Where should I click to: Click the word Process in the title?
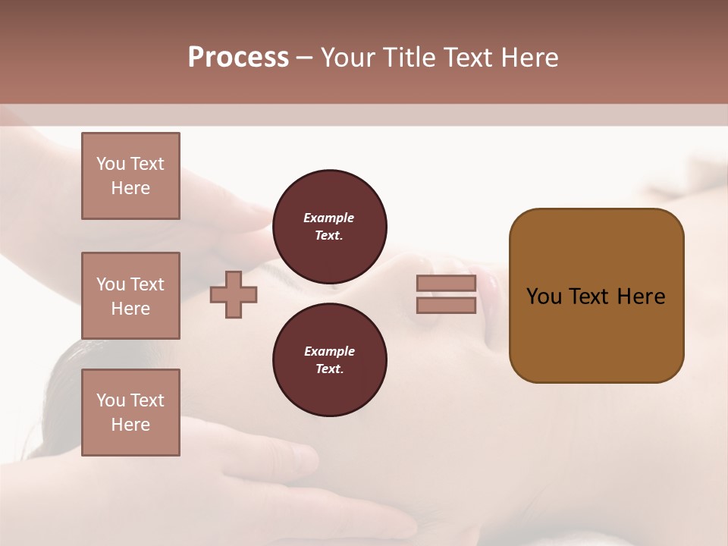238,58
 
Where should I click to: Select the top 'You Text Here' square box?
130,176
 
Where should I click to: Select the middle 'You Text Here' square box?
130,296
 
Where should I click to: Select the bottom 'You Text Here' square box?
130,413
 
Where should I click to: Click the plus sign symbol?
234,296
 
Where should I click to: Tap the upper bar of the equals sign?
446,284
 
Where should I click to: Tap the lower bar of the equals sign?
446,306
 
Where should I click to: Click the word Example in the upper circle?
329,218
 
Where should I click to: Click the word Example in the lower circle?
329,351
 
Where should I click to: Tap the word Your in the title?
348,58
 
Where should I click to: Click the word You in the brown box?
544,297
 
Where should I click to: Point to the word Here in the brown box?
641,297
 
